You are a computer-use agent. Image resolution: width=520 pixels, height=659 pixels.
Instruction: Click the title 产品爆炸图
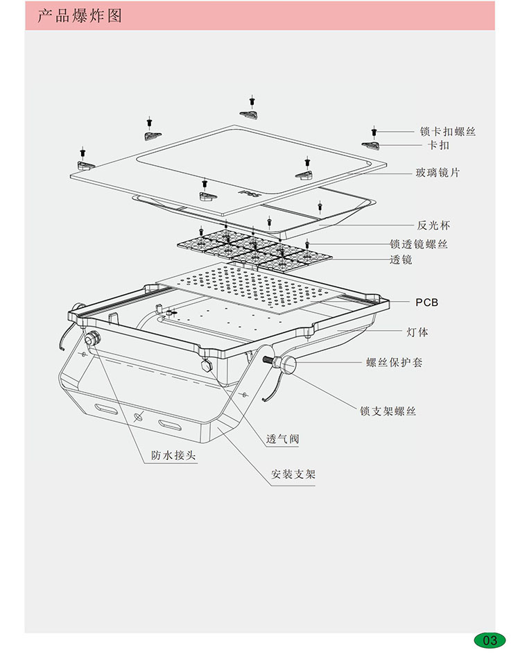[80, 15]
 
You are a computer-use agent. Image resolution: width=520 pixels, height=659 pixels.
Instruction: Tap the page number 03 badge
[489, 640]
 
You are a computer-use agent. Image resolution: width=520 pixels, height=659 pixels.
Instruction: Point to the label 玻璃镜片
[437, 173]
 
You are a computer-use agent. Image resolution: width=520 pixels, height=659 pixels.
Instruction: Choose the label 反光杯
[434, 225]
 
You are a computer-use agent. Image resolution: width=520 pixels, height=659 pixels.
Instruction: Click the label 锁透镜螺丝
[419, 244]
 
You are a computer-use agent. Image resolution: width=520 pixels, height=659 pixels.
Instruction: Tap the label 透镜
[401, 259]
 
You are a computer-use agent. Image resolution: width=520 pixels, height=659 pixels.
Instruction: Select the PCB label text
[427, 302]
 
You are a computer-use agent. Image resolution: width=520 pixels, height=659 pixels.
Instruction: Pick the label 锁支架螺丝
[388, 411]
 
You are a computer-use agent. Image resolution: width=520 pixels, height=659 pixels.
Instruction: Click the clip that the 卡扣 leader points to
[371, 144]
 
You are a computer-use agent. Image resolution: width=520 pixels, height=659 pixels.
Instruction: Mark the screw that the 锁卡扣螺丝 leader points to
[374, 130]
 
